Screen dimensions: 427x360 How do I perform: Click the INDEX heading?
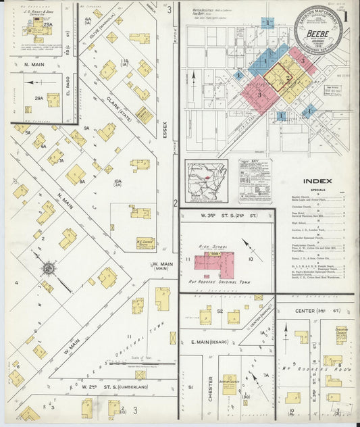click(x=317, y=181)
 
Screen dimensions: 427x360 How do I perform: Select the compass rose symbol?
click(x=49, y=269)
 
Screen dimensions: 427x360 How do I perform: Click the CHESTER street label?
click(x=211, y=387)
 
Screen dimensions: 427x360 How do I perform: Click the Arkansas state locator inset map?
click(x=206, y=180)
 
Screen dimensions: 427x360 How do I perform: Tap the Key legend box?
click(x=255, y=180)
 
